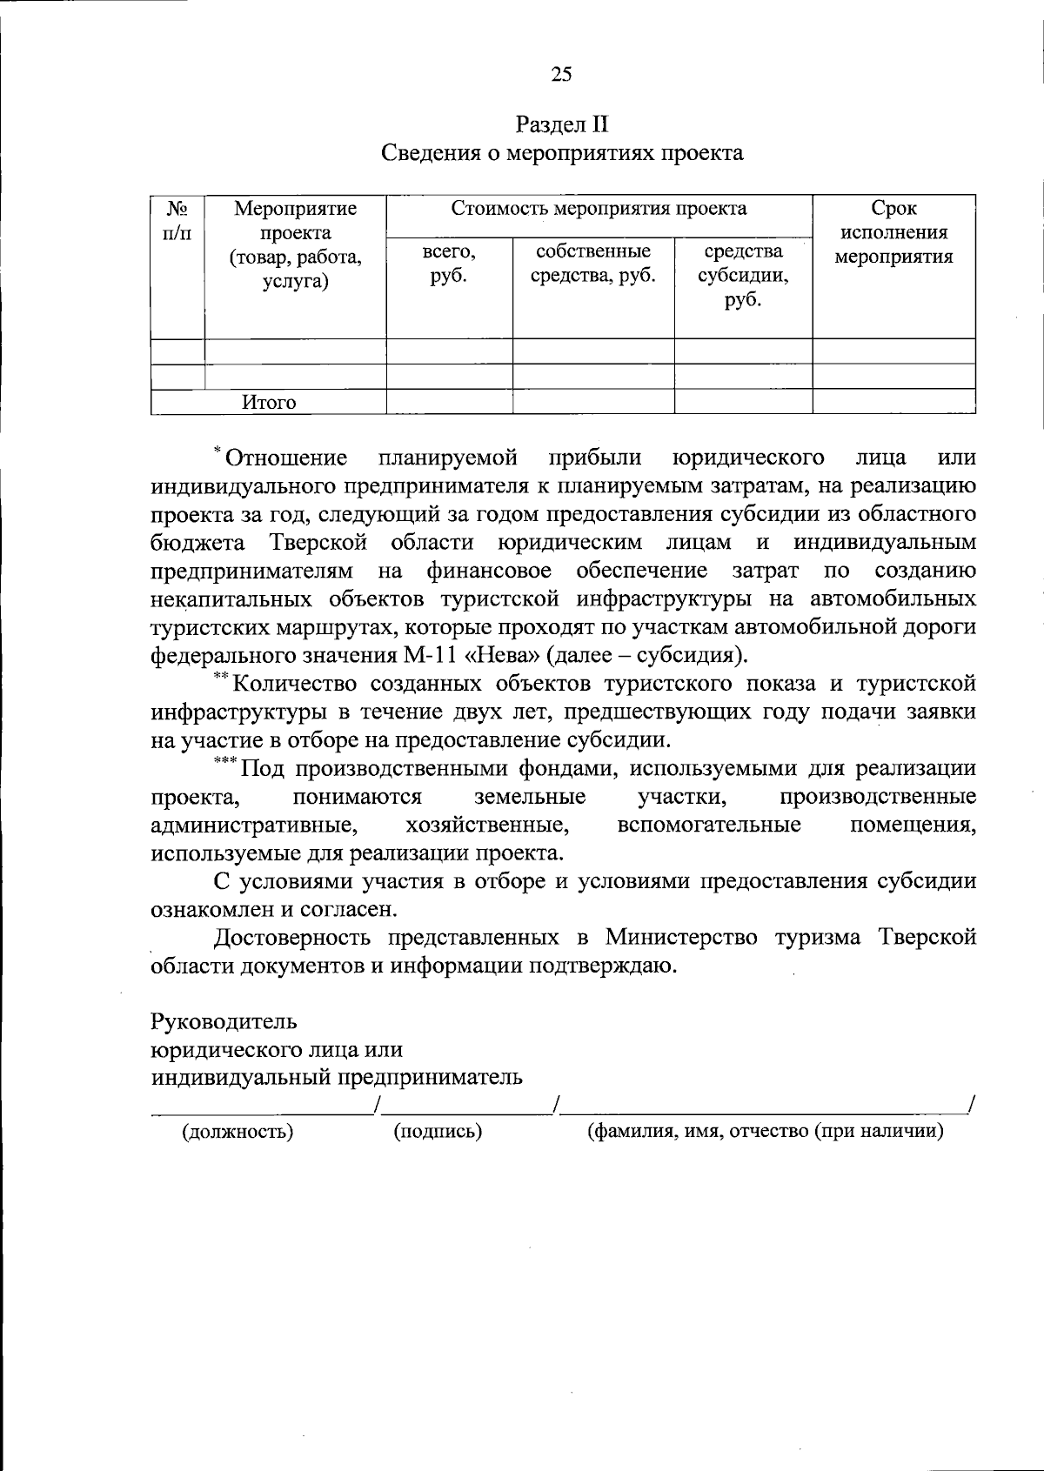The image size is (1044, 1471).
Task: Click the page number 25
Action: [561, 75]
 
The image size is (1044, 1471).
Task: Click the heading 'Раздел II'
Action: [561, 124]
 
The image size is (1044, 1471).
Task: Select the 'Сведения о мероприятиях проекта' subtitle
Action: [562, 153]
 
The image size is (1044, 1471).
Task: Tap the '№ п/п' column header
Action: [177, 220]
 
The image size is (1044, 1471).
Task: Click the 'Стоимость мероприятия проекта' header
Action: [599, 209]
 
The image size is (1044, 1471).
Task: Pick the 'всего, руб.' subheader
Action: [449, 264]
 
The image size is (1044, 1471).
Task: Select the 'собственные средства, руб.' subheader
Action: [592, 264]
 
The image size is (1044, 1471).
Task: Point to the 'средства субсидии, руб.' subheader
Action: [743, 276]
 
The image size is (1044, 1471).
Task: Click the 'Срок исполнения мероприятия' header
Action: [893, 232]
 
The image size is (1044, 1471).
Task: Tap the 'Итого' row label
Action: [269, 402]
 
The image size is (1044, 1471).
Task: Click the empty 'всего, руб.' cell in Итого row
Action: [449, 402]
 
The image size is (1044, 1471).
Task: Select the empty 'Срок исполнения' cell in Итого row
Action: [893, 402]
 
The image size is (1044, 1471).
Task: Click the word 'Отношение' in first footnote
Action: [286, 458]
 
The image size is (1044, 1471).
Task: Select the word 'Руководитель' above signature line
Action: [224, 1020]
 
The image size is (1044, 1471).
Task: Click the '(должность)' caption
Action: [237, 1131]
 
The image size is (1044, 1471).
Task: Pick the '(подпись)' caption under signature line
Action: [438, 1131]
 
